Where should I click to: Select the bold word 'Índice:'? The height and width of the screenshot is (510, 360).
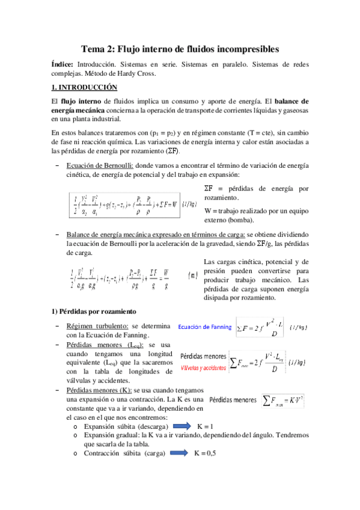(62, 64)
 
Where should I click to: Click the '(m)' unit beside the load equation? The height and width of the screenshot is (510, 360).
(193, 275)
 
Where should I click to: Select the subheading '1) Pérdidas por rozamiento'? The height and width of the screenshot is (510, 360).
(93, 311)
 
